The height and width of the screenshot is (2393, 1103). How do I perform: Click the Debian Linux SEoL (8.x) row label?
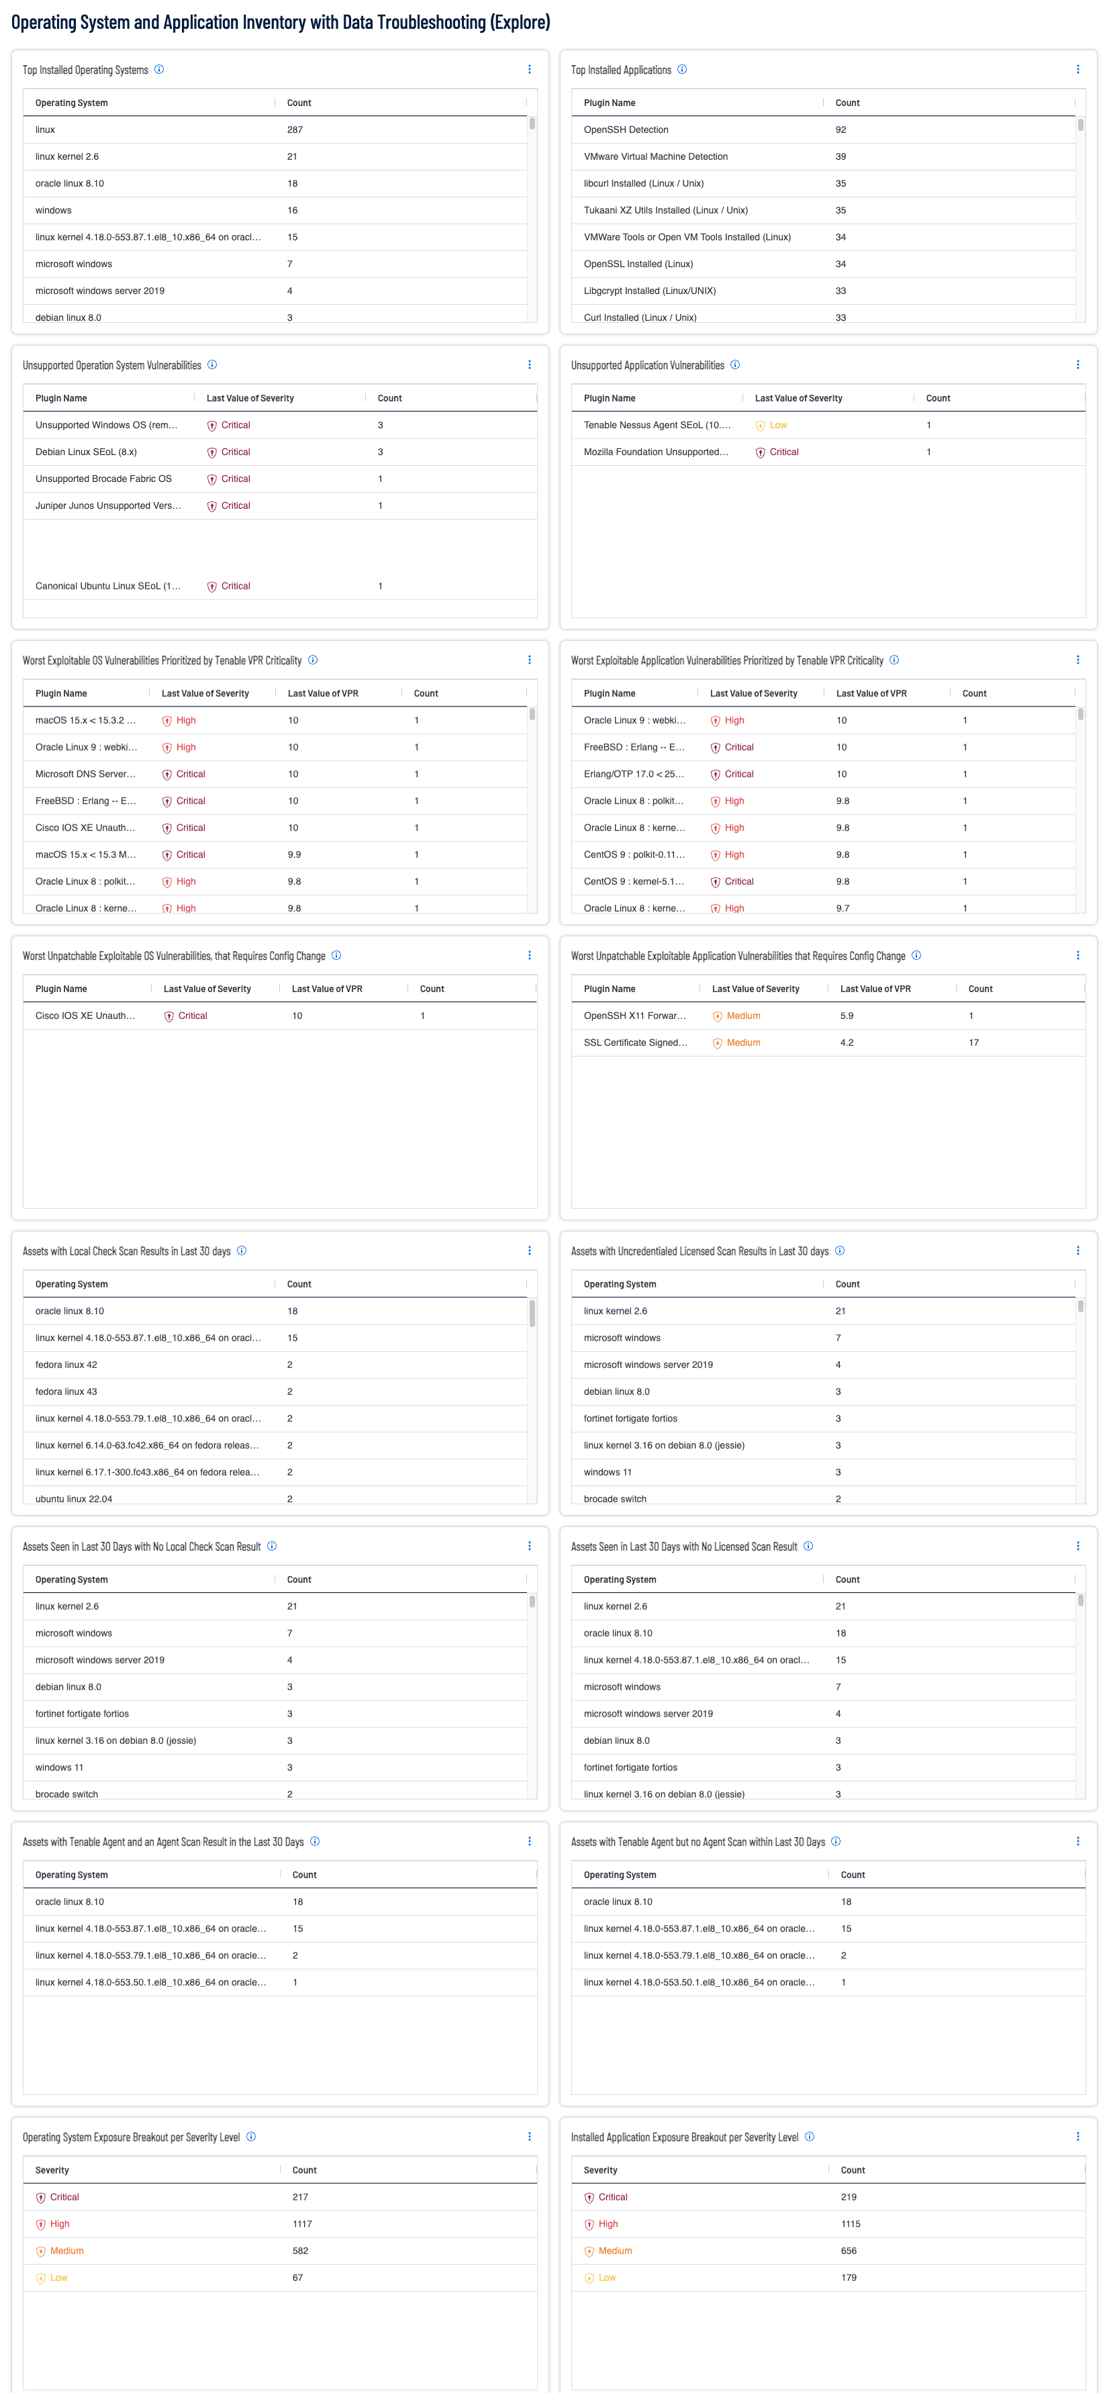(x=85, y=452)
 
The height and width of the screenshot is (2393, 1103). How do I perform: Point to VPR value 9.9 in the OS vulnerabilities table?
(x=293, y=854)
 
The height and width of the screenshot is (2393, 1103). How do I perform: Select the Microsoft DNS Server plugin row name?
(x=85, y=774)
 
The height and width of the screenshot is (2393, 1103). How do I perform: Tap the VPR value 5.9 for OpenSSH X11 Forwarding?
(x=847, y=1016)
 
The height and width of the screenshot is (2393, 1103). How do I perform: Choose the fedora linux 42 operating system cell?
(x=66, y=1365)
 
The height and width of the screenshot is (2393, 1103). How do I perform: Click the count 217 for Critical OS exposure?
(x=300, y=2197)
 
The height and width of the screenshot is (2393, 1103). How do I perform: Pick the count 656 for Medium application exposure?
(x=849, y=2251)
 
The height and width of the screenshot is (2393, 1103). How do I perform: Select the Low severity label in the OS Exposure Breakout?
(x=58, y=2278)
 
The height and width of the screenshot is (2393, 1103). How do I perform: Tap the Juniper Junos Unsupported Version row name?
(x=108, y=506)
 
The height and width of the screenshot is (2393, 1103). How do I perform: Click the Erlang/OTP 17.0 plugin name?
(x=634, y=774)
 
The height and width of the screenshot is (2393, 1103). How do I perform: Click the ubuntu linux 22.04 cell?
(x=73, y=1498)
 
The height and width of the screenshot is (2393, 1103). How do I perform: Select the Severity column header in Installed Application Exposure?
(x=600, y=2170)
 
